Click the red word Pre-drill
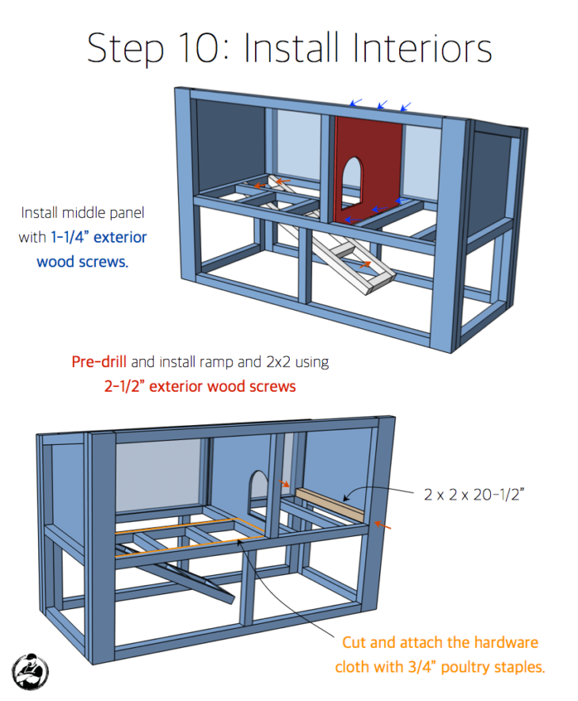(x=100, y=362)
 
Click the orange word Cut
(x=356, y=642)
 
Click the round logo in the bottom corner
(x=31, y=671)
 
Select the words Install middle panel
(x=83, y=213)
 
